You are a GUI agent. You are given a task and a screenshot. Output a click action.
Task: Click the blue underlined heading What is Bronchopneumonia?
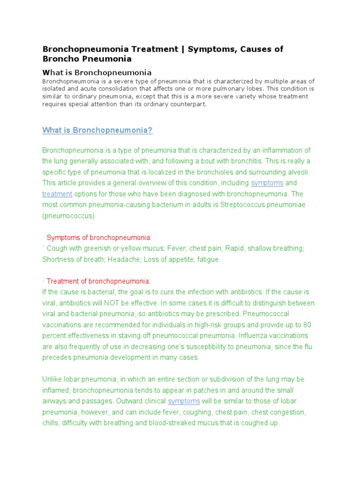[97, 130]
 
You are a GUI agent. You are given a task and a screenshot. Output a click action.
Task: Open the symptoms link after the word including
[267, 183]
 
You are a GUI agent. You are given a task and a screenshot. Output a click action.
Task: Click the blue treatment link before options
[57, 194]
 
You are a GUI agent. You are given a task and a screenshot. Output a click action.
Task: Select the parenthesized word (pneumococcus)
[68, 216]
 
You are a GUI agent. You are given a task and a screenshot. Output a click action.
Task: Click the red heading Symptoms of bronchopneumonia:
[99, 238]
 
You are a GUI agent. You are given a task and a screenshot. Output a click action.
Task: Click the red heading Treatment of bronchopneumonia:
[98, 281]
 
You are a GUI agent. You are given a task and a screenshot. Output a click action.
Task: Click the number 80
[307, 325]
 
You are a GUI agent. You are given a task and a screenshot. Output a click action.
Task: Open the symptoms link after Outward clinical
[184, 401]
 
